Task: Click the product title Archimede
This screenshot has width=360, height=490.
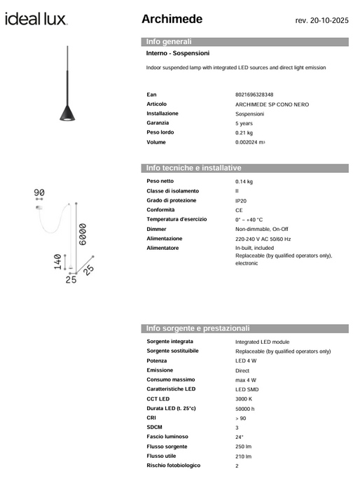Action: pyautogui.click(x=172, y=19)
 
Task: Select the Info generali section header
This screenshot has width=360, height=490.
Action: pyautogui.click(x=169, y=42)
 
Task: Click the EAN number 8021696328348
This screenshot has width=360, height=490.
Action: pyautogui.click(x=254, y=94)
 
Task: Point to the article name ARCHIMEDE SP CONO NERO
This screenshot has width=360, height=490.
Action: pyautogui.click(x=272, y=104)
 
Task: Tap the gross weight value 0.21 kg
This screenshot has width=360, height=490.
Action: pyautogui.click(x=244, y=132)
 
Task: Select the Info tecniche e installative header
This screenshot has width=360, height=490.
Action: pyautogui.click(x=193, y=168)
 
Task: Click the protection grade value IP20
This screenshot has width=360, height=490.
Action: pyautogui.click(x=240, y=201)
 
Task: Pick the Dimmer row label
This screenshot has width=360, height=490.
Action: pyautogui.click(x=157, y=229)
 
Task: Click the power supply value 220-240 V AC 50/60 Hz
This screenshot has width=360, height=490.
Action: pyautogui.click(x=263, y=239)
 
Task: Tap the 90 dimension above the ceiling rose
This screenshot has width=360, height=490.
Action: pyautogui.click(x=39, y=192)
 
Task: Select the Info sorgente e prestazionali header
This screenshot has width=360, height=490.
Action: pyautogui.click(x=198, y=328)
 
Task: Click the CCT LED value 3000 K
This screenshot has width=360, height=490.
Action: pyautogui.click(x=244, y=399)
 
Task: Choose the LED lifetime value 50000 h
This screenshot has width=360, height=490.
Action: pyautogui.click(x=245, y=408)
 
